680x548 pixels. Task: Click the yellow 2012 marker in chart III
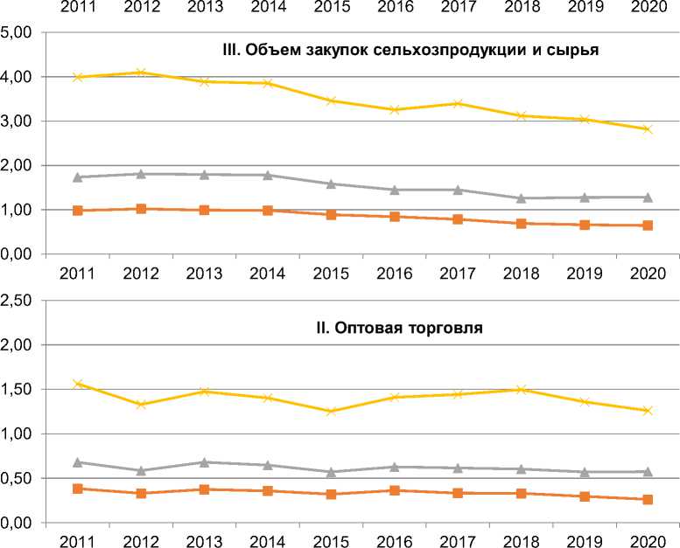[x=140, y=73]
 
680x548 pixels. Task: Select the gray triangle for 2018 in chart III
[x=521, y=198]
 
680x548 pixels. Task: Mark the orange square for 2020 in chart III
[x=648, y=225]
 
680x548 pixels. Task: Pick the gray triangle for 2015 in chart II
[x=331, y=472]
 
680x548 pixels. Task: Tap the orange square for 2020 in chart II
[x=648, y=500]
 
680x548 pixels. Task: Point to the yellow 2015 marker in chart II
[x=331, y=412]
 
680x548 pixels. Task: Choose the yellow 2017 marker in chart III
[x=458, y=103]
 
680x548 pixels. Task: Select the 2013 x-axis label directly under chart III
[x=204, y=273]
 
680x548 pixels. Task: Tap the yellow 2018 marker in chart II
[x=521, y=389]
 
